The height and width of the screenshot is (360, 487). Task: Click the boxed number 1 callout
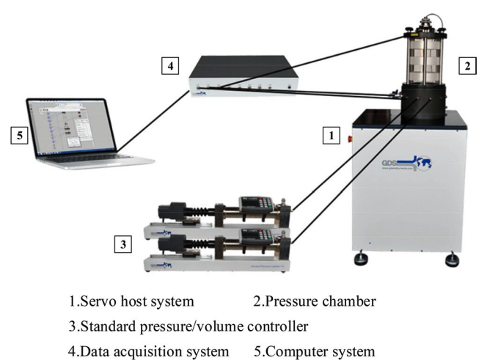(332, 136)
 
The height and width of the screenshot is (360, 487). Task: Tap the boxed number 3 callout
(124, 243)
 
